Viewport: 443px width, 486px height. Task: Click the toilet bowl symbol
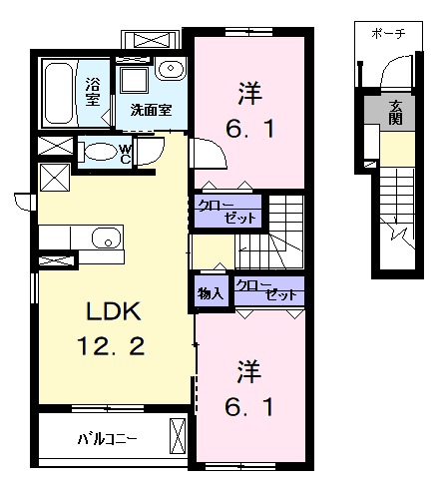(x=100, y=152)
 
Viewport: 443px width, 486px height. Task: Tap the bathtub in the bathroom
(x=58, y=92)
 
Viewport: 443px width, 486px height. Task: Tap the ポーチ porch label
(x=387, y=32)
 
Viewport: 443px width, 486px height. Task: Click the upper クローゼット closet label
(x=226, y=211)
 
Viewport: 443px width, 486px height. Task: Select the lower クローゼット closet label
(x=269, y=289)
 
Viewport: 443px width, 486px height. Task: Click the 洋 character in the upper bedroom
(x=248, y=93)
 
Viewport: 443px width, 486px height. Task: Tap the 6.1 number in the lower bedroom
(x=248, y=407)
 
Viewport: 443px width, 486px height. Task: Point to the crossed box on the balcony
(x=178, y=437)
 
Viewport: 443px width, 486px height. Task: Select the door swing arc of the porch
(x=396, y=72)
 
